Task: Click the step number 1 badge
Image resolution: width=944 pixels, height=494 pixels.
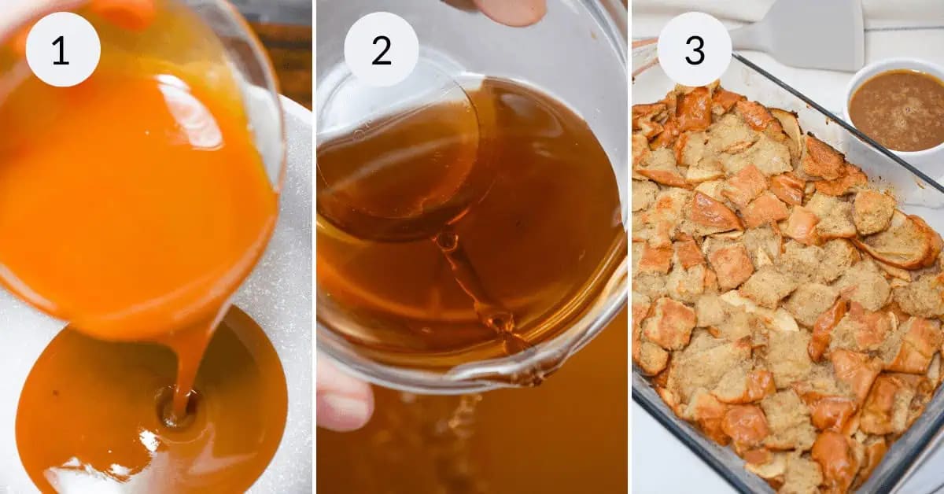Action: click(x=63, y=50)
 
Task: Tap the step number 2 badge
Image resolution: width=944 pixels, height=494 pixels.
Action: click(x=382, y=50)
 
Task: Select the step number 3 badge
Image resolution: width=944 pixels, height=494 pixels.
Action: click(x=694, y=50)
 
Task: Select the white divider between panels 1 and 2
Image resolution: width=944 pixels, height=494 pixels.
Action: click(x=314, y=247)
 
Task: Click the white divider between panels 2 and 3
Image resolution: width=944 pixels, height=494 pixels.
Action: click(x=629, y=247)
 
